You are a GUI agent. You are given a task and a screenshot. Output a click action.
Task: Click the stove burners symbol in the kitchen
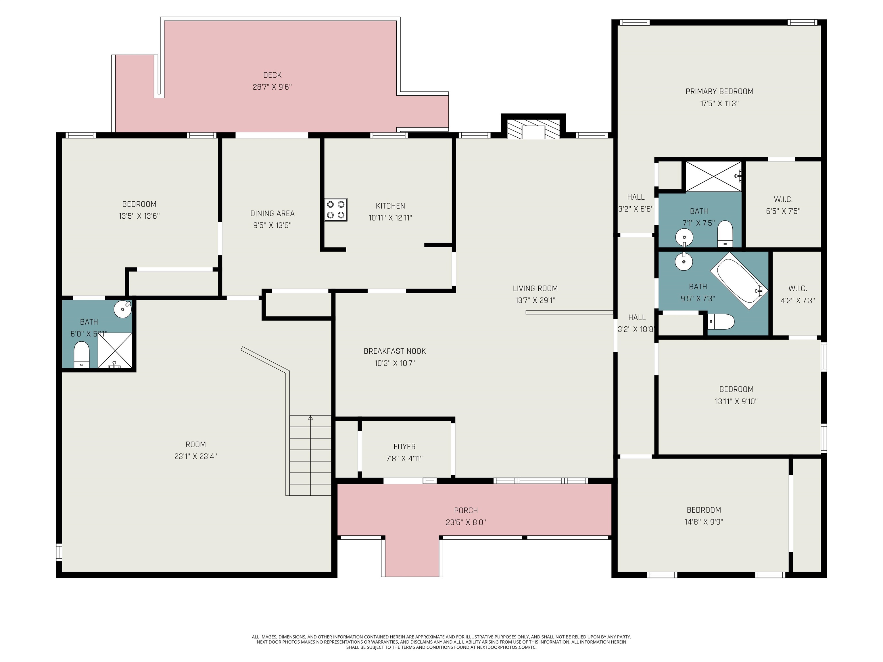(335, 209)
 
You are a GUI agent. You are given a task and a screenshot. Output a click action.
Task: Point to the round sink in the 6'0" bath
(122, 309)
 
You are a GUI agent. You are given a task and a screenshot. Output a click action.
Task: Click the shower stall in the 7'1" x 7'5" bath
(713, 176)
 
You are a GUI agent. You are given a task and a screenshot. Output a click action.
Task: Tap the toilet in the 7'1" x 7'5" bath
(725, 234)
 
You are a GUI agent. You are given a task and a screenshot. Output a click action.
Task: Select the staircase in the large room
(310, 455)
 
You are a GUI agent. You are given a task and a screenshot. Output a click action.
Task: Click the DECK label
(272, 75)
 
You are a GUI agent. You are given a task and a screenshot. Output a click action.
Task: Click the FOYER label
(404, 447)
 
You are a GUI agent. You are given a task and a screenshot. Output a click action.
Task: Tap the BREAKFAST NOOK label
(394, 351)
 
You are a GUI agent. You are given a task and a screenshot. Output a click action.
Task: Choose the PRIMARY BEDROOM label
(719, 91)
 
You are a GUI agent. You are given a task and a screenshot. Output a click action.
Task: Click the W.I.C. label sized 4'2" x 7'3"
(797, 288)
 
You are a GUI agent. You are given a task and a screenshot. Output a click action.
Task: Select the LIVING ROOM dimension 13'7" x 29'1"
(535, 300)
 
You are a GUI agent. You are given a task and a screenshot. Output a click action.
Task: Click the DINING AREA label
(272, 213)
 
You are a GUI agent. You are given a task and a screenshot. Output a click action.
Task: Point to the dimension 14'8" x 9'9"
(703, 521)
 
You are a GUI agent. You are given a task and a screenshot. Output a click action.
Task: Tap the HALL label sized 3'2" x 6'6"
(636, 197)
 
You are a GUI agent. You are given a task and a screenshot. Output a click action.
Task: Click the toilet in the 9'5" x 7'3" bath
(722, 322)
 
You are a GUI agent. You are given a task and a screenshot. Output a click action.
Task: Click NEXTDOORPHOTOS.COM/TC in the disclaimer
(506, 647)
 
